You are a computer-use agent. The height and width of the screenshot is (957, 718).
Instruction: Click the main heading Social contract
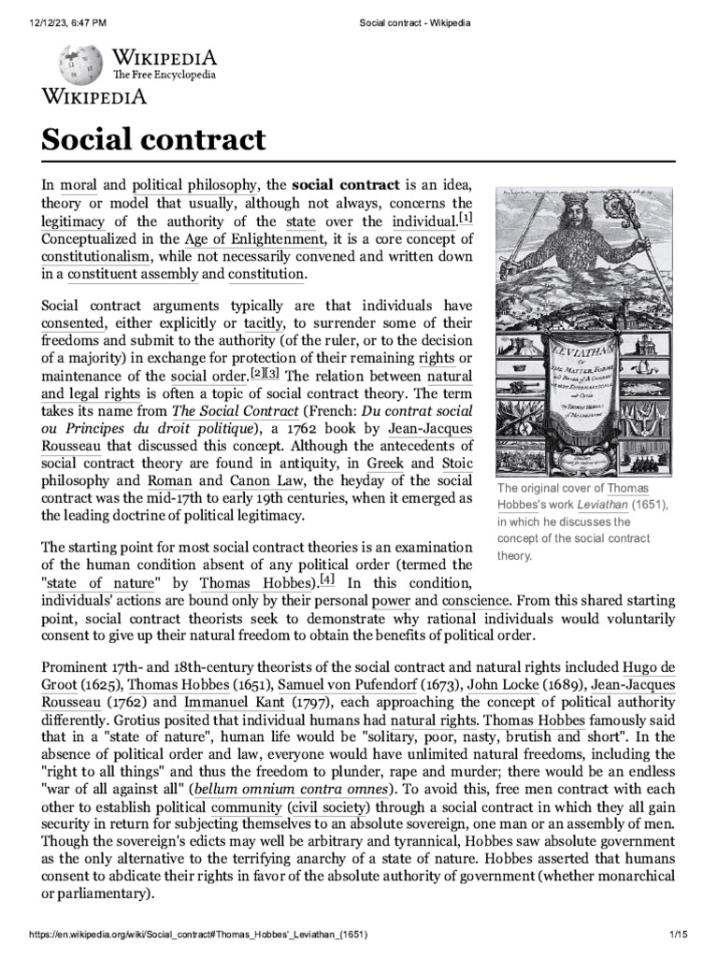(153, 141)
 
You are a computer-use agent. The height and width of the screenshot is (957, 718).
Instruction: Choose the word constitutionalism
(95, 256)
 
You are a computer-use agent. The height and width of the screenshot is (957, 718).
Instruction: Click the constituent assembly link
(132, 274)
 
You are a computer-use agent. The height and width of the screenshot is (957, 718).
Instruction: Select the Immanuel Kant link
(223, 704)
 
